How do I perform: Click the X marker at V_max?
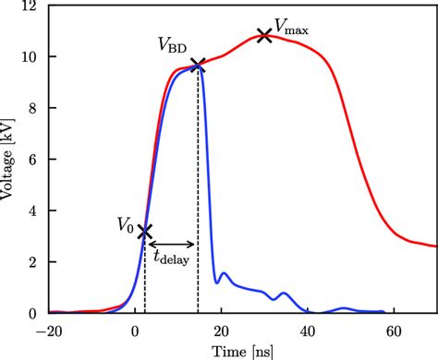pos(265,36)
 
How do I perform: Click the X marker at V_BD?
pos(198,65)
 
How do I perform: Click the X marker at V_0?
pos(145,231)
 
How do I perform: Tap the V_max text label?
pos(291,28)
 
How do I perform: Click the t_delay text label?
pos(172,260)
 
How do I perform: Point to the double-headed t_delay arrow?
pos(172,245)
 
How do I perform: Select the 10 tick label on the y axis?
pos(30,57)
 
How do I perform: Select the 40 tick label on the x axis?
pos(308,329)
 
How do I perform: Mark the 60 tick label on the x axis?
pos(394,329)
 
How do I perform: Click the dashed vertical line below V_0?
pos(145,277)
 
